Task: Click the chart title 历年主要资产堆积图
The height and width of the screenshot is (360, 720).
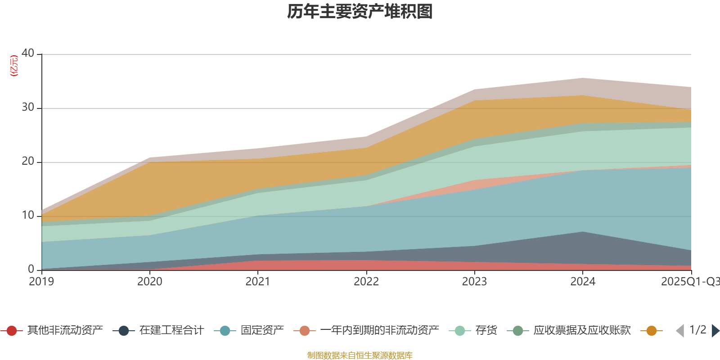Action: point(360,12)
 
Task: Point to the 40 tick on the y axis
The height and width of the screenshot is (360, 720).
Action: point(28,53)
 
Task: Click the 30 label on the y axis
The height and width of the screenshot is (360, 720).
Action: point(28,107)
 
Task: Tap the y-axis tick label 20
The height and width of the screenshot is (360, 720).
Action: point(28,161)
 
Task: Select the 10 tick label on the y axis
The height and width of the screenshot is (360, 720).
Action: point(28,215)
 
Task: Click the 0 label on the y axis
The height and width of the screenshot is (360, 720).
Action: point(31,269)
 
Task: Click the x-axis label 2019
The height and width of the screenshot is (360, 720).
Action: point(41,282)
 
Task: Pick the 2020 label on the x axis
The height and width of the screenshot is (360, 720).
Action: point(150,282)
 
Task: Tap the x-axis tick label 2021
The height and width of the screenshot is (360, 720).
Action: point(258,282)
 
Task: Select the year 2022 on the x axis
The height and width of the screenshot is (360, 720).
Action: point(366,282)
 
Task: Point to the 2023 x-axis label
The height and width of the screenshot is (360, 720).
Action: point(474,282)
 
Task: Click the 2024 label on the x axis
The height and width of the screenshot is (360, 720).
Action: point(583,282)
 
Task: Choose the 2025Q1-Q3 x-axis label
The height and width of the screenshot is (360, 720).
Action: point(689,282)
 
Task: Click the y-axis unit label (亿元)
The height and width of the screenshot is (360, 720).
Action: point(14,66)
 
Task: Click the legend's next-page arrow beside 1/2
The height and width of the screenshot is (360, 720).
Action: point(715,331)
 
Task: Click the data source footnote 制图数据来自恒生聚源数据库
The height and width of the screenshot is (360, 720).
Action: point(360,355)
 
